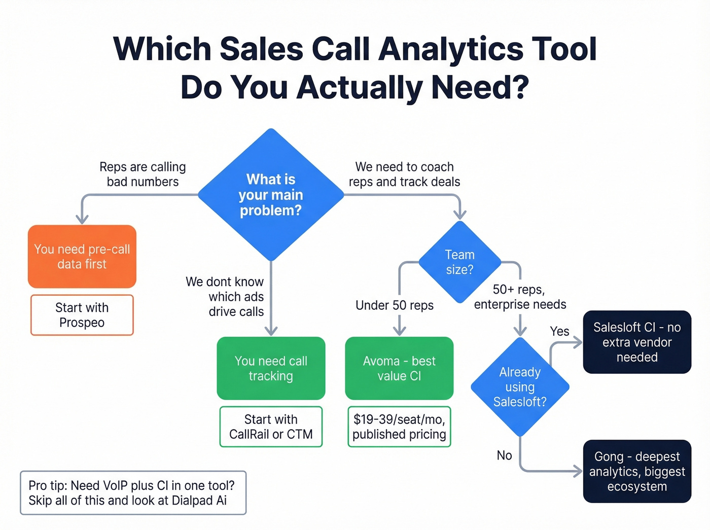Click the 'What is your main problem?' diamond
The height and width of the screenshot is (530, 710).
[x=271, y=195]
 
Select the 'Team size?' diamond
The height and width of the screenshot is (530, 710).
[x=460, y=262]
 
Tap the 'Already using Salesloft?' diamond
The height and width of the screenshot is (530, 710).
[x=520, y=387]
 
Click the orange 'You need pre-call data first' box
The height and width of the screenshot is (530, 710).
[x=82, y=257]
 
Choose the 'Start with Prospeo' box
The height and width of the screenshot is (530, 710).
[x=82, y=315]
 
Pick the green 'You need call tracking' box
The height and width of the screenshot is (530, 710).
[x=271, y=368]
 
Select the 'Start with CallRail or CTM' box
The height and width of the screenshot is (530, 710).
[x=271, y=427]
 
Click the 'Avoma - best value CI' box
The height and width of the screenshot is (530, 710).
[x=399, y=368]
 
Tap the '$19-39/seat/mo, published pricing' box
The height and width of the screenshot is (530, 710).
[x=399, y=427]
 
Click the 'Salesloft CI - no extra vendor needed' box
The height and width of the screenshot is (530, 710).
[x=637, y=342]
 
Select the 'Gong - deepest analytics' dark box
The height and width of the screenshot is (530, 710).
[x=637, y=471]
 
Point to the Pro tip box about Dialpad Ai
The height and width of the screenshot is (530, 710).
[x=133, y=493]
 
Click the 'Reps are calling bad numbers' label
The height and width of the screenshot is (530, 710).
[x=143, y=174]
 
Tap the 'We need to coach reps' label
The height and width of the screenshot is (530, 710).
[x=404, y=174]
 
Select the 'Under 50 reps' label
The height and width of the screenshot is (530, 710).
[x=395, y=305]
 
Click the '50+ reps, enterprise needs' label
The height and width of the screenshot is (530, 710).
[x=520, y=297]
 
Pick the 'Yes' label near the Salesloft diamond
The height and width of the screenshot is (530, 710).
[x=559, y=331]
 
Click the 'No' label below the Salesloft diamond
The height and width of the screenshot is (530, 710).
[x=504, y=455]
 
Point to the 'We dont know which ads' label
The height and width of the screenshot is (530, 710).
[x=225, y=297]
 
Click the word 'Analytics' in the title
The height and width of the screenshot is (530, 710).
[x=451, y=49]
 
